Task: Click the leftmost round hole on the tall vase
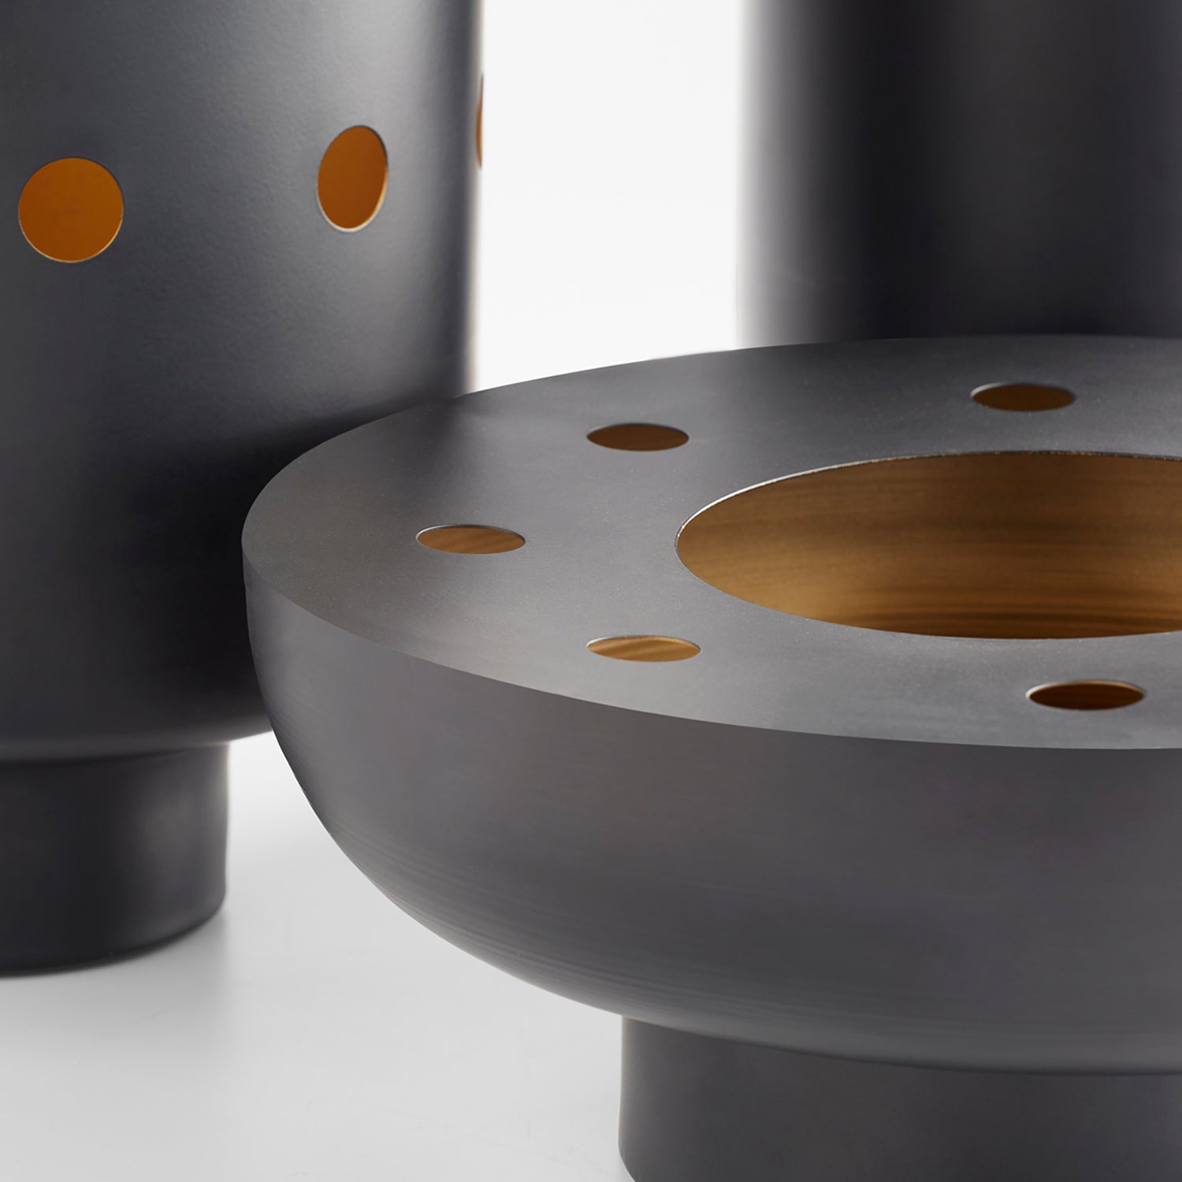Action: (71, 210)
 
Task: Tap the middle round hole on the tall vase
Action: (352, 178)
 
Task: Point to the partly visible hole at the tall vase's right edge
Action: (478, 122)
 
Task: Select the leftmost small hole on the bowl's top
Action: (470, 540)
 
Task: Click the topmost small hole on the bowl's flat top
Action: (1023, 397)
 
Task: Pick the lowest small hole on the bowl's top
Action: (1085, 695)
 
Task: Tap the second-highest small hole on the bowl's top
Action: (637, 437)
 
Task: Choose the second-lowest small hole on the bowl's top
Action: (643, 648)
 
